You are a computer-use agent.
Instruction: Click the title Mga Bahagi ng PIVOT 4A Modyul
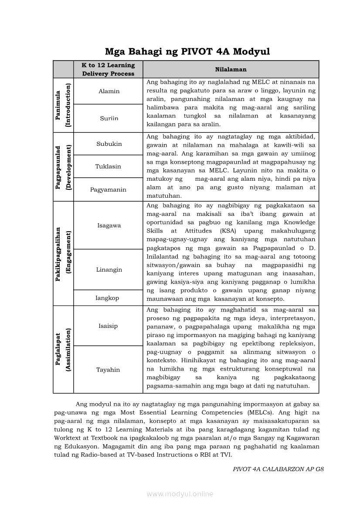point(187,52)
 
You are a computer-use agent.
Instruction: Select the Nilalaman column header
point(231,69)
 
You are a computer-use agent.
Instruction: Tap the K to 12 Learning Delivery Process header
point(109,69)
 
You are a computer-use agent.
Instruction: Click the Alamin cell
point(109,91)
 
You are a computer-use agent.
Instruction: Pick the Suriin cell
point(109,118)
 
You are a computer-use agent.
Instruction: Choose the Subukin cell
point(109,144)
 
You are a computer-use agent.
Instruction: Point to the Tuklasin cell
point(109,166)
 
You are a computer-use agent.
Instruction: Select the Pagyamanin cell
point(109,189)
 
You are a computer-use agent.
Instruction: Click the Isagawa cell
point(109,225)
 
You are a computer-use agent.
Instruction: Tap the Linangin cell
point(109,270)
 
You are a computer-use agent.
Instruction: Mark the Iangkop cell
point(107,298)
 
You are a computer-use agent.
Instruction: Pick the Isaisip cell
point(108,326)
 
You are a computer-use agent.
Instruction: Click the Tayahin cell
point(108,370)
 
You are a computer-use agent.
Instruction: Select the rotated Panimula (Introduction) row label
point(63,105)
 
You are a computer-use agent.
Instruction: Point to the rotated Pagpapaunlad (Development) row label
point(63,167)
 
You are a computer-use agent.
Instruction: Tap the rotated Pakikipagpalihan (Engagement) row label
point(63,253)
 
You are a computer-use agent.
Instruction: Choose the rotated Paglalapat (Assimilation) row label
point(63,349)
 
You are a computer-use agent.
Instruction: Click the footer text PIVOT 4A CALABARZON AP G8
point(278,469)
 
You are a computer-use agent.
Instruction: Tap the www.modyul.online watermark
point(180,494)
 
